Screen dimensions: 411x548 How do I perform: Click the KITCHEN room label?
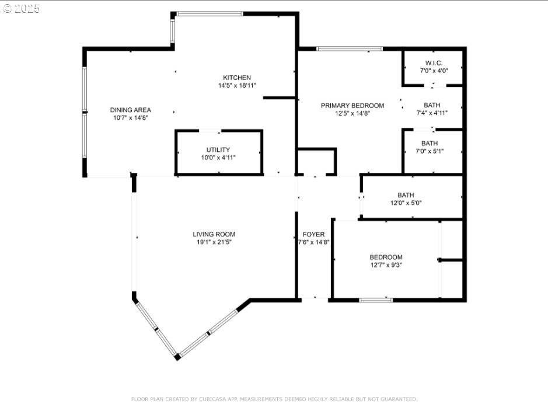(237, 78)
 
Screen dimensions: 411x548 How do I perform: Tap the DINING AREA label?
(131, 110)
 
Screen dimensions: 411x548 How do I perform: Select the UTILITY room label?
(218, 150)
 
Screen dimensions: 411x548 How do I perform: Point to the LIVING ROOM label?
(214, 234)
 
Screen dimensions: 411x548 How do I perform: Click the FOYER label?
(314, 234)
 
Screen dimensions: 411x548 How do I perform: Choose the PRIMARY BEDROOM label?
(352, 106)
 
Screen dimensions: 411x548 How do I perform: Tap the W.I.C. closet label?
(434, 63)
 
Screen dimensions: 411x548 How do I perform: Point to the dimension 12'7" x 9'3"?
(386, 265)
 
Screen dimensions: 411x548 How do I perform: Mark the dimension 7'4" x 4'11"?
(432, 113)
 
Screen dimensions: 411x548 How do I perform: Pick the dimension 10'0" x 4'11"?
(218, 158)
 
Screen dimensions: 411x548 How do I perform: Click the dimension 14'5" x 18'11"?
(237, 85)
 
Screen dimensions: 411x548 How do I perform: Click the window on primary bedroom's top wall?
(349, 48)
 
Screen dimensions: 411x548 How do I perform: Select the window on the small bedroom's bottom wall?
(376, 300)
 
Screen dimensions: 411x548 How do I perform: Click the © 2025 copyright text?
(21, 9)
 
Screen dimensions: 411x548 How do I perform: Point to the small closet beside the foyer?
(316, 161)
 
